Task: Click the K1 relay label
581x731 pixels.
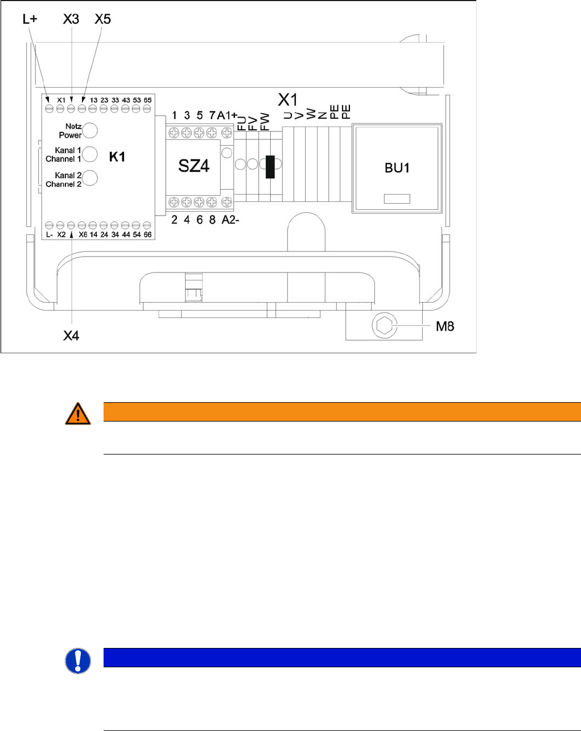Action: (x=117, y=157)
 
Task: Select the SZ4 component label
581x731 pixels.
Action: (x=193, y=167)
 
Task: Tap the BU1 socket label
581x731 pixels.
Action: (x=397, y=168)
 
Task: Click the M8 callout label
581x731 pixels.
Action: (x=445, y=326)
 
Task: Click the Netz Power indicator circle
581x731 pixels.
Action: (x=90, y=131)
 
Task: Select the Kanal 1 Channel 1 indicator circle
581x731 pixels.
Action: (x=90, y=154)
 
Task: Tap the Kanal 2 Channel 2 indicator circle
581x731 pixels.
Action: (x=90, y=179)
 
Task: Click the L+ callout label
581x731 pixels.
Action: (x=30, y=19)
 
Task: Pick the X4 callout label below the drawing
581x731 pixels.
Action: (x=71, y=336)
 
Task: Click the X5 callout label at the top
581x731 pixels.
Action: (x=102, y=19)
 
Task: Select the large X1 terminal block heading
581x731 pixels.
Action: (x=288, y=99)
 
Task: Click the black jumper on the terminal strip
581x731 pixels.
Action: (x=270, y=166)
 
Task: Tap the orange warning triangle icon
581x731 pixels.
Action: (x=78, y=414)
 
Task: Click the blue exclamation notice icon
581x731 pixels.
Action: (x=78, y=661)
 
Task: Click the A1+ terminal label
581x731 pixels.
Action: (x=227, y=115)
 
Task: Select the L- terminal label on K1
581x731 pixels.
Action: (x=49, y=234)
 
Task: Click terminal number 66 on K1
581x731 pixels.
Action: (x=147, y=234)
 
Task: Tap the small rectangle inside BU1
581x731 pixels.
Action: (x=397, y=199)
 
